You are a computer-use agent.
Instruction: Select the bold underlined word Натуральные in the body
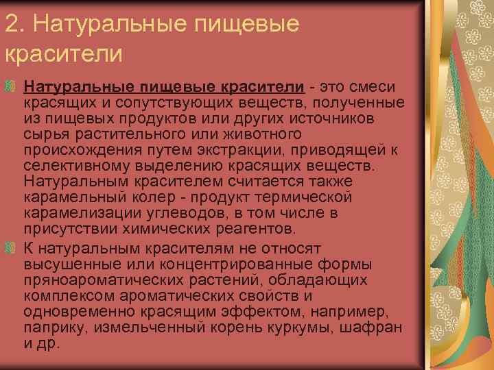pos(79,88)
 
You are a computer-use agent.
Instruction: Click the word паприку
pos(49,328)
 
